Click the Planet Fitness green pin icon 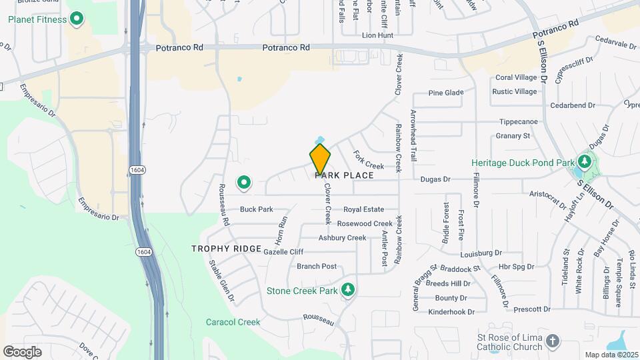(77, 19)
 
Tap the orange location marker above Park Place (320, 159)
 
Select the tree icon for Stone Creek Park (347, 290)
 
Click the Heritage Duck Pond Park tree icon (585, 162)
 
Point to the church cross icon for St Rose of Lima (552, 341)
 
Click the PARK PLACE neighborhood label (344, 175)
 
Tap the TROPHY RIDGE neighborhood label (226, 249)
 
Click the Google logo (22, 351)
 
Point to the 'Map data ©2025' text (611, 355)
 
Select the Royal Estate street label (364, 209)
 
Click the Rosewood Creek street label (365, 224)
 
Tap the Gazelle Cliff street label (283, 252)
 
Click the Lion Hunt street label (377, 35)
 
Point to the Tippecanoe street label (519, 122)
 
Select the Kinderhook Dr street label (451, 311)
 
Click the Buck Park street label (257, 209)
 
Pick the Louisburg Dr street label (481, 253)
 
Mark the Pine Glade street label (446, 93)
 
